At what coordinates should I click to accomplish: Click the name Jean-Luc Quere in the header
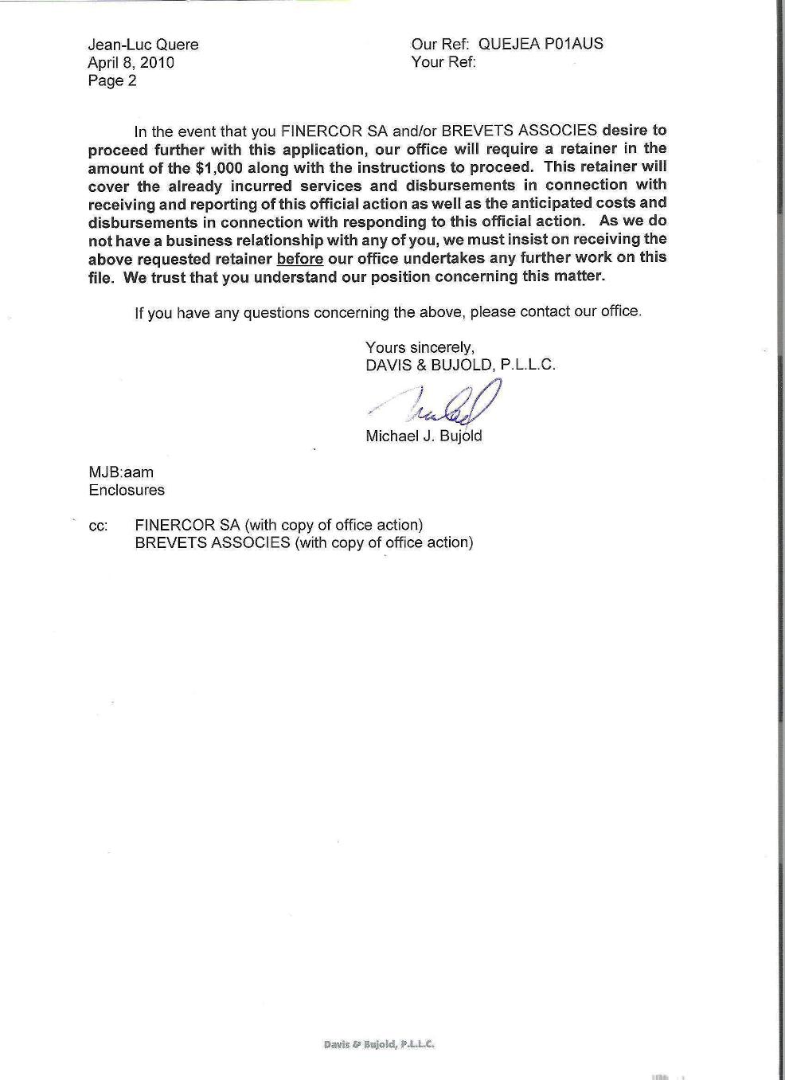pyautogui.click(x=143, y=45)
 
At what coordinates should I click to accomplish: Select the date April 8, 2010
pyautogui.click(x=131, y=63)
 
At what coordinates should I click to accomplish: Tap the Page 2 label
pyautogui.click(x=112, y=80)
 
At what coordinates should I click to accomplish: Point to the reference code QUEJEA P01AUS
pyautogui.click(x=541, y=44)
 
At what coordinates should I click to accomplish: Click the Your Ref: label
pyautogui.click(x=443, y=62)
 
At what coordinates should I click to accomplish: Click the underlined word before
pyautogui.click(x=299, y=258)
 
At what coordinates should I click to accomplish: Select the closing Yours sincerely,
pyautogui.click(x=420, y=347)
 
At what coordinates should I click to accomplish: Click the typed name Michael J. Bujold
pyautogui.click(x=424, y=436)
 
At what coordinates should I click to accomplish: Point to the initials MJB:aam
pyautogui.click(x=121, y=472)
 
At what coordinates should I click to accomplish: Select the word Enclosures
pyautogui.click(x=127, y=490)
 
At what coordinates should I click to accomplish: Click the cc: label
pyautogui.click(x=98, y=526)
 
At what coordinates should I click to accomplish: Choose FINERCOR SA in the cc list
pyautogui.click(x=187, y=525)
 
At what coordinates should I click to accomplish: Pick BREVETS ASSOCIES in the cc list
pyautogui.click(x=213, y=542)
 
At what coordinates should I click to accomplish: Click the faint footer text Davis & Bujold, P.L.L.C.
pyautogui.click(x=379, y=1044)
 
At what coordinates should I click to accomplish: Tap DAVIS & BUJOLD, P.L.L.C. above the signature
pyautogui.click(x=460, y=365)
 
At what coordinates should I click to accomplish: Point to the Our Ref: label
pyautogui.click(x=440, y=44)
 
